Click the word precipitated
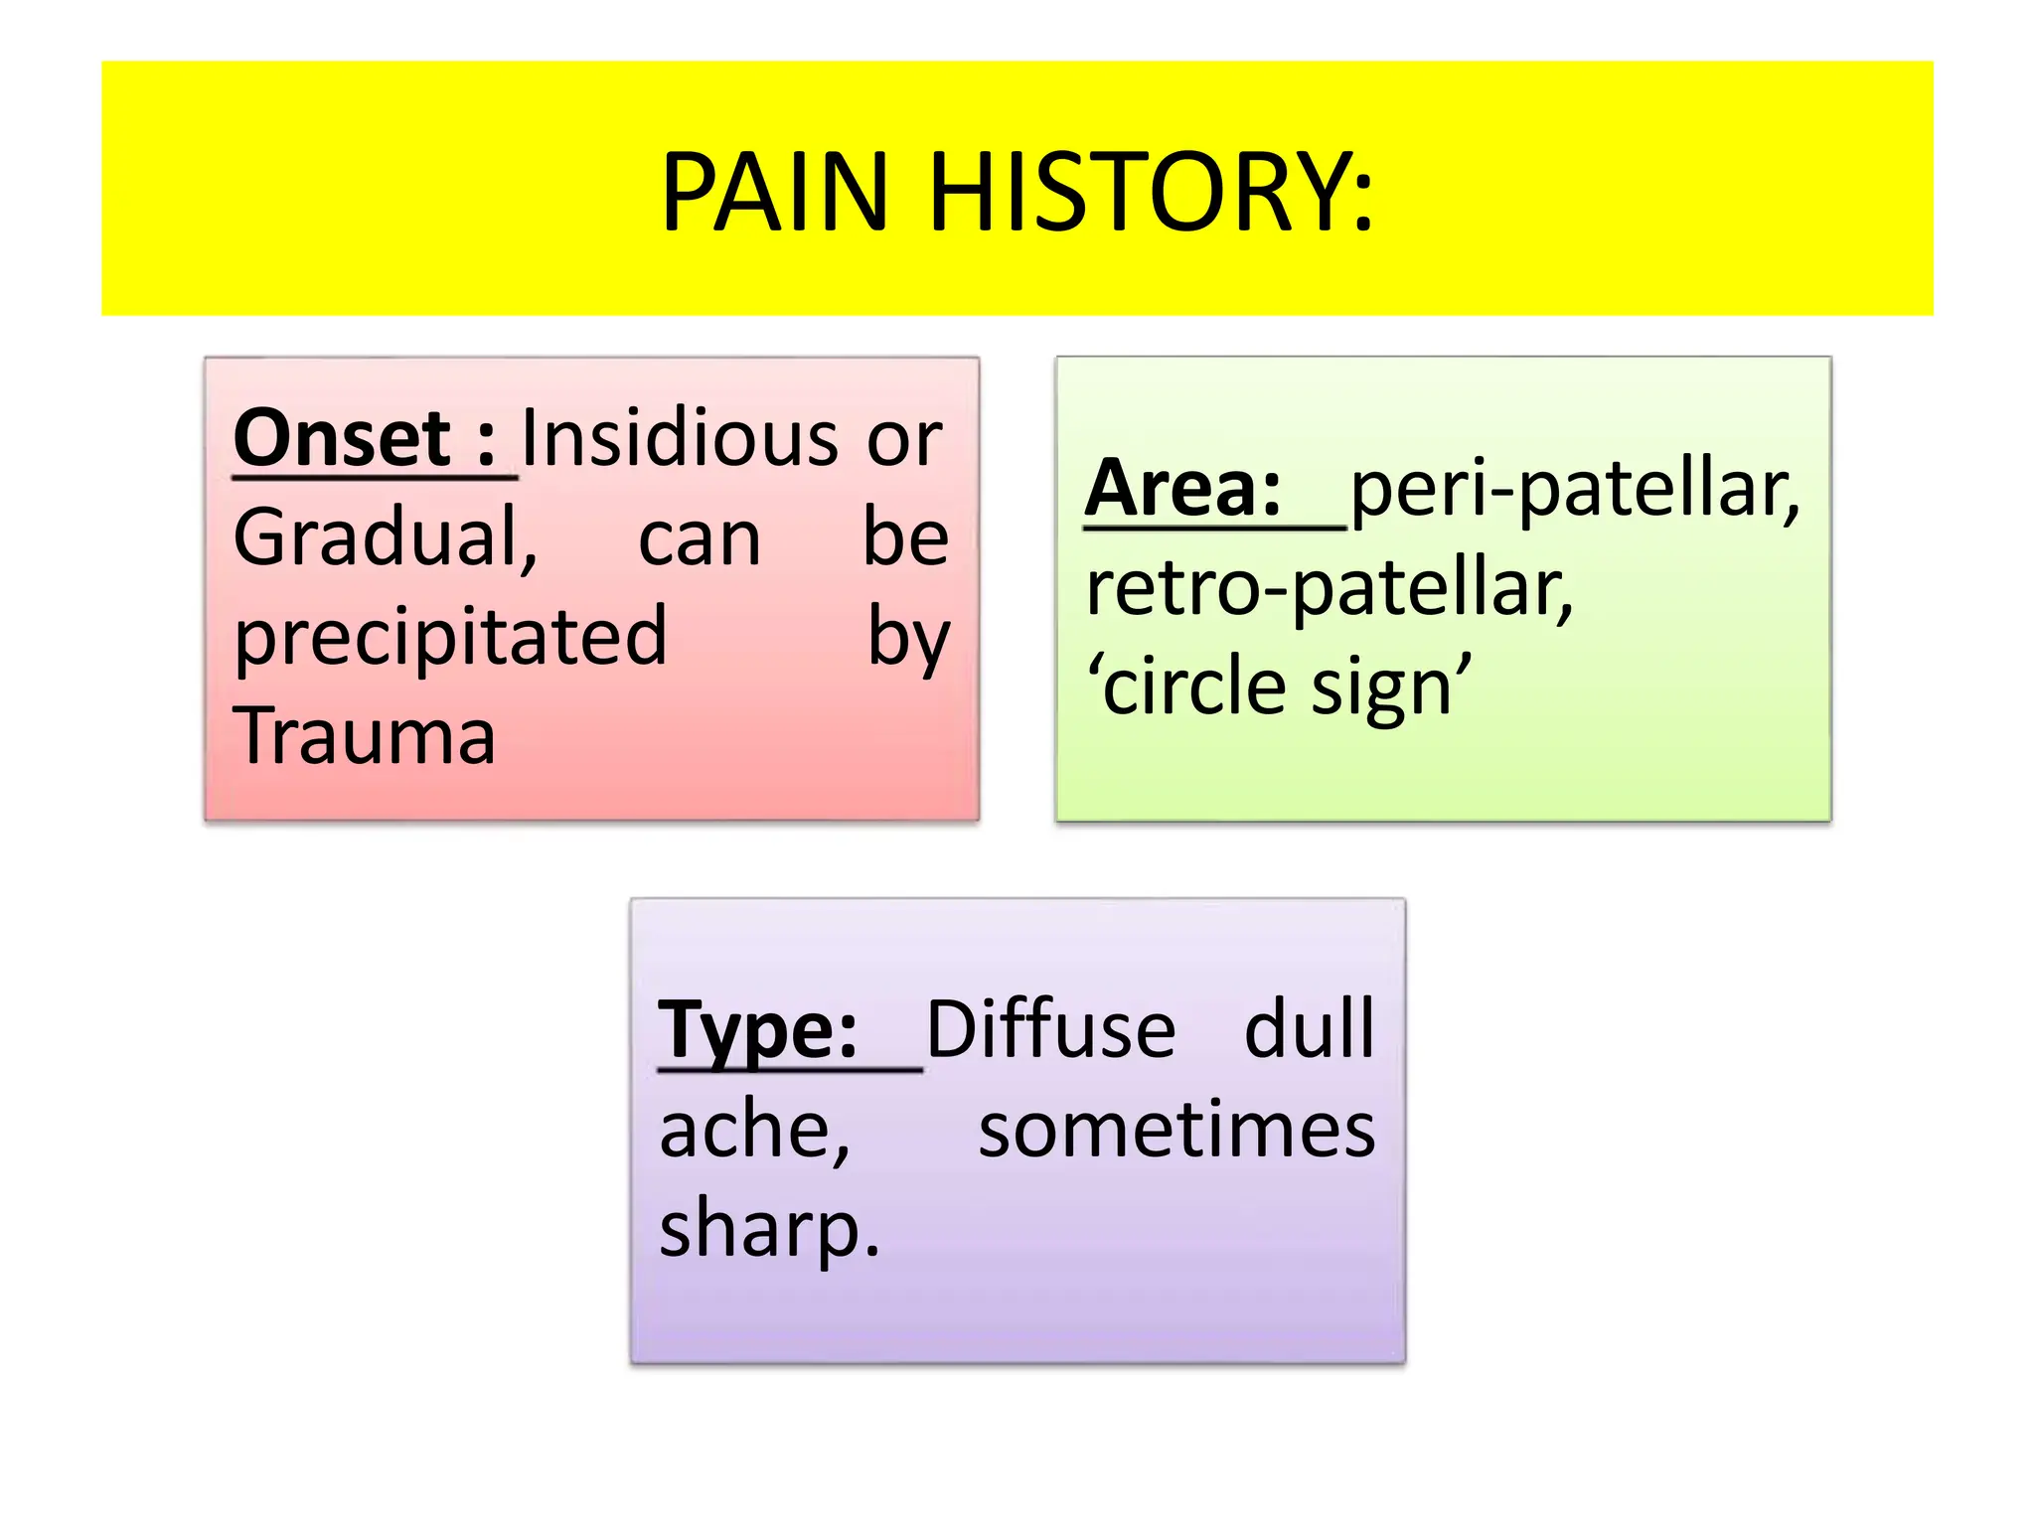(450, 637)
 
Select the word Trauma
(365, 736)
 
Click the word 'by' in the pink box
(908, 637)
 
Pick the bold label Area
(1182, 488)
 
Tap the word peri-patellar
(1574, 488)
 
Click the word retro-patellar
(1330, 587)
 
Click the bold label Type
(757, 1030)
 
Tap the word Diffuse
(1050, 1030)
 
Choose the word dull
(1310, 1030)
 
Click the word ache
(754, 1130)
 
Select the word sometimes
(1176, 1130)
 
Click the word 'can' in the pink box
(699, 537)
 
